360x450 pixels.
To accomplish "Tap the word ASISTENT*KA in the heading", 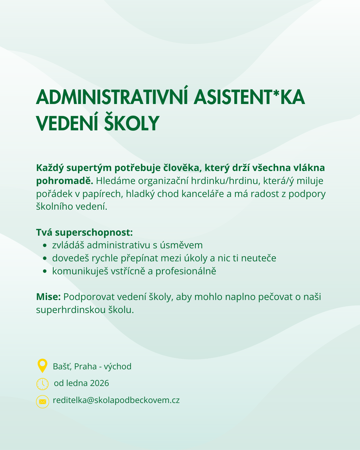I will [x=249, y=97].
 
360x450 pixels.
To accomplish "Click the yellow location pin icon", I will [x=42, y=365].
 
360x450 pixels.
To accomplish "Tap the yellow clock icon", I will [x=42, y=384].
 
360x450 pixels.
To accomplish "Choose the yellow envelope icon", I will [x=42, y=401].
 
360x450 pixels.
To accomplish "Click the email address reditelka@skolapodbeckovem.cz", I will [x=116, y=400].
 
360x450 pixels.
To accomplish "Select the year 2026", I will [x=99, y=383].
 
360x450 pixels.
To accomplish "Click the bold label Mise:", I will [x=48, y=297].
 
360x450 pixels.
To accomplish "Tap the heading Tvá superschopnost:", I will [x=84, y=232].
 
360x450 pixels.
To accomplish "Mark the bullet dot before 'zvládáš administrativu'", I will [x=45, y=246].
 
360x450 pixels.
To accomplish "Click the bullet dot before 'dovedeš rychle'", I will [x=45, y=258].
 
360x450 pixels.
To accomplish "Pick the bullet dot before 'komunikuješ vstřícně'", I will [x=45, y=271].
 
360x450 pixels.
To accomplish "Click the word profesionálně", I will [x=186, y=271].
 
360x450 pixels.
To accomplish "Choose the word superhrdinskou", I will [x=70, y=310].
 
